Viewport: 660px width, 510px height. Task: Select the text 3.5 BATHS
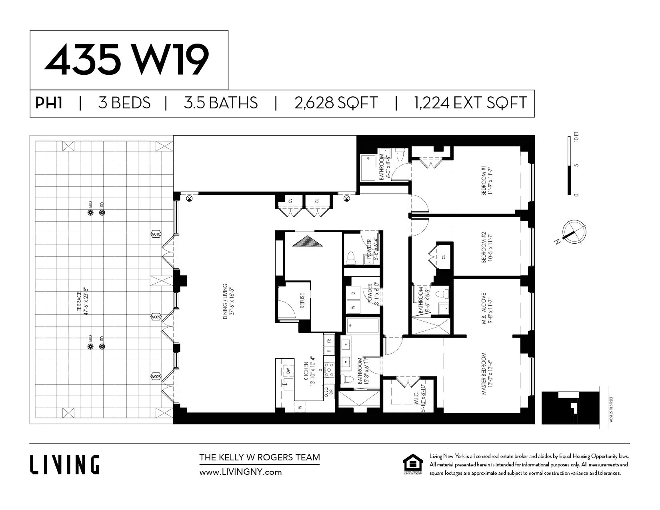(220, 103)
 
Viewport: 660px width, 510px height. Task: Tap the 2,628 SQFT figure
(336, 103)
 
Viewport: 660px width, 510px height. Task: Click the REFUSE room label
(302, 301)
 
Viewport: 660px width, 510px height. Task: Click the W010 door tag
(156, 234)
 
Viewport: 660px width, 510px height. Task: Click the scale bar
(569, 166)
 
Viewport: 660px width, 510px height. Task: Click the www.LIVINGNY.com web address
(240, 472)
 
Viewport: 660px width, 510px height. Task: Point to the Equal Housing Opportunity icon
(413, 464)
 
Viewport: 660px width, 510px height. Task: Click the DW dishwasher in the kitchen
(288, 371)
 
